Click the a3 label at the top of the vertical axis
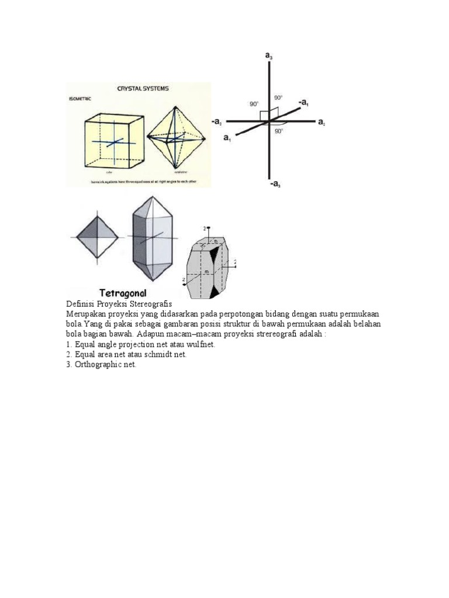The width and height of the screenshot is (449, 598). pos(268,55)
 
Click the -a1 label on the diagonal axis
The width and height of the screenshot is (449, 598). pos(303,102)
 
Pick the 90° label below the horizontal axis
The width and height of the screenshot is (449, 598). pos(279,132)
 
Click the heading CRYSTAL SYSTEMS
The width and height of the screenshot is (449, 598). pos(143,89)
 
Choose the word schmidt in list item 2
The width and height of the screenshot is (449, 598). pos(156,354)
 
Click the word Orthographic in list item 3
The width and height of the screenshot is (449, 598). pos(97,364)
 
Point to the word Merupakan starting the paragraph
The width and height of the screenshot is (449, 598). pos(86,314)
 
